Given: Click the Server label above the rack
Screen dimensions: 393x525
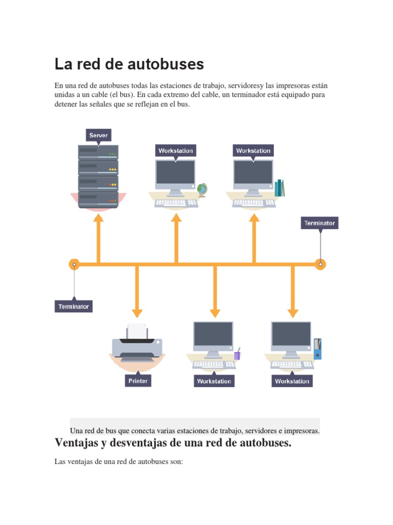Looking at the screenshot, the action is (x=98, y=135).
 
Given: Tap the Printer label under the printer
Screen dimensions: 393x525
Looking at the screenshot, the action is (x=138, y=381).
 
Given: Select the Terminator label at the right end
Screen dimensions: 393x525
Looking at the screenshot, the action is (x=319, y=223).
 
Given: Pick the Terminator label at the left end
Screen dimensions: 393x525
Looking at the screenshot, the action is (x=74, y=307).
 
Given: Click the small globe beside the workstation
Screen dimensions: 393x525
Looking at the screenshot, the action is (x=202, y=189).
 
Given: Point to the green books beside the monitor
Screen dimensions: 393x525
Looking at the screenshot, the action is (x=279, y=188).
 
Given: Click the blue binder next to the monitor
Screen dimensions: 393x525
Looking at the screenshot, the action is (x=318, y=349).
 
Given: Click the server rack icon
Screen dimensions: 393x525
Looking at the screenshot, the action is (x=98, y=176).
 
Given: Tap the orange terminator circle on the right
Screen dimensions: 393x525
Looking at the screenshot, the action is (x=320, y=265).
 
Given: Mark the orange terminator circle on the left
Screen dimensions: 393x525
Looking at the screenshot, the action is (x=74, y=265).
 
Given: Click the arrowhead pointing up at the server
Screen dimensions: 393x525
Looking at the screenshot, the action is (x=98, y=218).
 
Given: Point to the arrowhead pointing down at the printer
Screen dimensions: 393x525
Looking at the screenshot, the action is (x=137, y=312).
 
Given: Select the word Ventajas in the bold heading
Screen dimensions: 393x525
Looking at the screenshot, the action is (x=78, y=442).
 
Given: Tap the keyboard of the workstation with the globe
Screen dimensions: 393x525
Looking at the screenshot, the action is (x=177, y=203).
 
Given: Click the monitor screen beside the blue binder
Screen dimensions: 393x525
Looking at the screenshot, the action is (x=291, y=334).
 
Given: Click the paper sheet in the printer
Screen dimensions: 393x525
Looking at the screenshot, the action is (x=137, y=331).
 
